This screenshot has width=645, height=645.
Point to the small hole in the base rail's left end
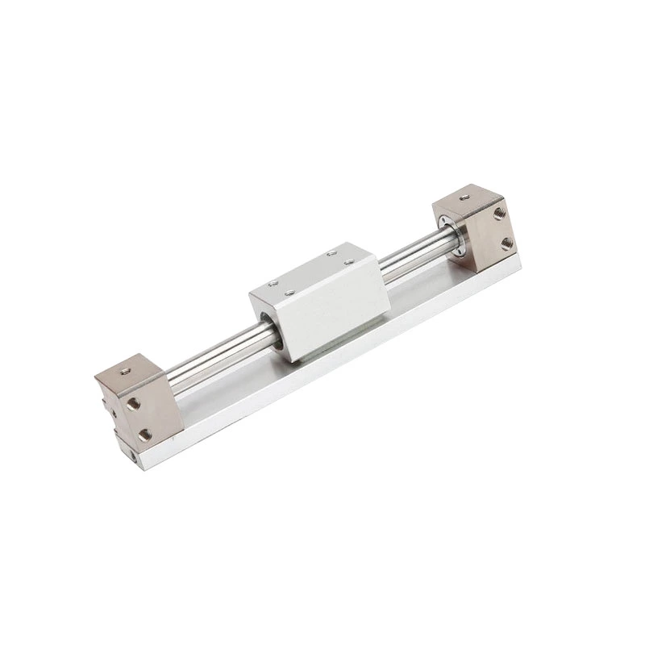click(132, 464)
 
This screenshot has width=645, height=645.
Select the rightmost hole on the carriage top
click(349, 261)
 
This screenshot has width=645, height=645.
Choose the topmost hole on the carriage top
click(331, 254)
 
